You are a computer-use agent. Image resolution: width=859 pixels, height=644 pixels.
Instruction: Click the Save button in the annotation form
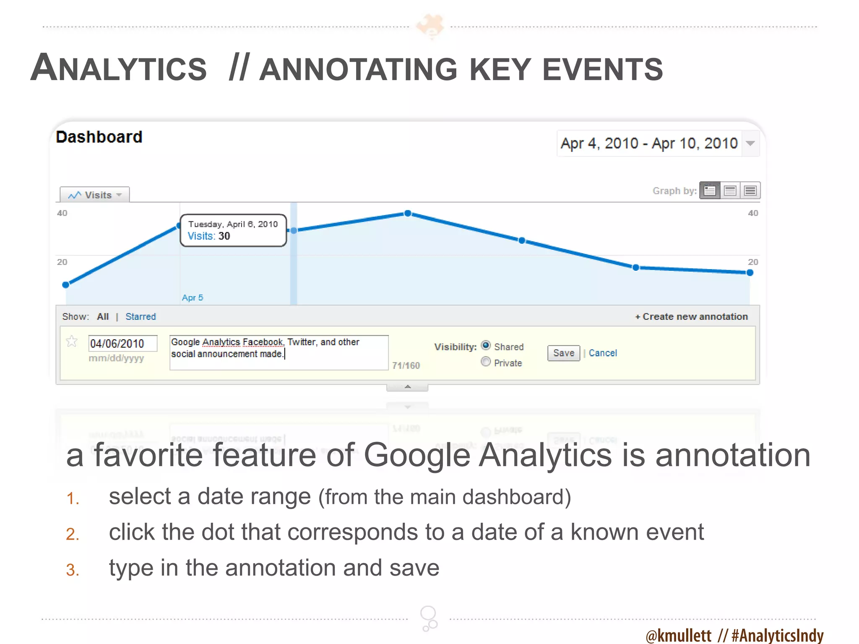[563, 353]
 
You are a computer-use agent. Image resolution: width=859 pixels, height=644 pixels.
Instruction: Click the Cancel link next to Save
[603, 353]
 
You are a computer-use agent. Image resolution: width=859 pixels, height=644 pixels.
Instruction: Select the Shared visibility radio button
[486, 345]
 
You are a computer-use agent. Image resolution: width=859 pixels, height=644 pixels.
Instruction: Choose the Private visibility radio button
[486, 362]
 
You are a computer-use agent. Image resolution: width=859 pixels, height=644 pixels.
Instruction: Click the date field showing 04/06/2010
[122, 344]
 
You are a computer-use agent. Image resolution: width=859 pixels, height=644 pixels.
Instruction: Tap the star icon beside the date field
[72, 342]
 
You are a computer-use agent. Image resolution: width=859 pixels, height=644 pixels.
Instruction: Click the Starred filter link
[141, 317]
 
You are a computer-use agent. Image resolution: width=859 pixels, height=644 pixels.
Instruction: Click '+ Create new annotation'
[691, 317]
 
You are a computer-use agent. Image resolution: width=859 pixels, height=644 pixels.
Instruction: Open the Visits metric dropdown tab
[95, 195]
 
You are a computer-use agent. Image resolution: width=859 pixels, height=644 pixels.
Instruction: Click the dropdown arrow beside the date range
[750, 143]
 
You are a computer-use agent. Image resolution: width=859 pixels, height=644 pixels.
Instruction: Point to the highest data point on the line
[408, 213]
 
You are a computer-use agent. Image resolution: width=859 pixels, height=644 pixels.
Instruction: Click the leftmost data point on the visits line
[66, 285]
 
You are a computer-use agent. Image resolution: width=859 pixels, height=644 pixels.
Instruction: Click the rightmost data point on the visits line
[750, 273]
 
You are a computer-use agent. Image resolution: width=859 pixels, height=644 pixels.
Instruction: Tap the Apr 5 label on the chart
[193, 298]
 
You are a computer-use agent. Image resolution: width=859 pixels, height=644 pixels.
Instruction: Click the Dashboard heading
[99, 137]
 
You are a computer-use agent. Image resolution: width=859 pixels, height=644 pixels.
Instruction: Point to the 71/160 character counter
[406, 366]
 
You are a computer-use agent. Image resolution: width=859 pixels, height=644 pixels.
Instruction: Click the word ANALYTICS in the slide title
[119, 69]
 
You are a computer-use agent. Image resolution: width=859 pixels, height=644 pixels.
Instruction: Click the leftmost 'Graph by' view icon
[710, 191]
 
